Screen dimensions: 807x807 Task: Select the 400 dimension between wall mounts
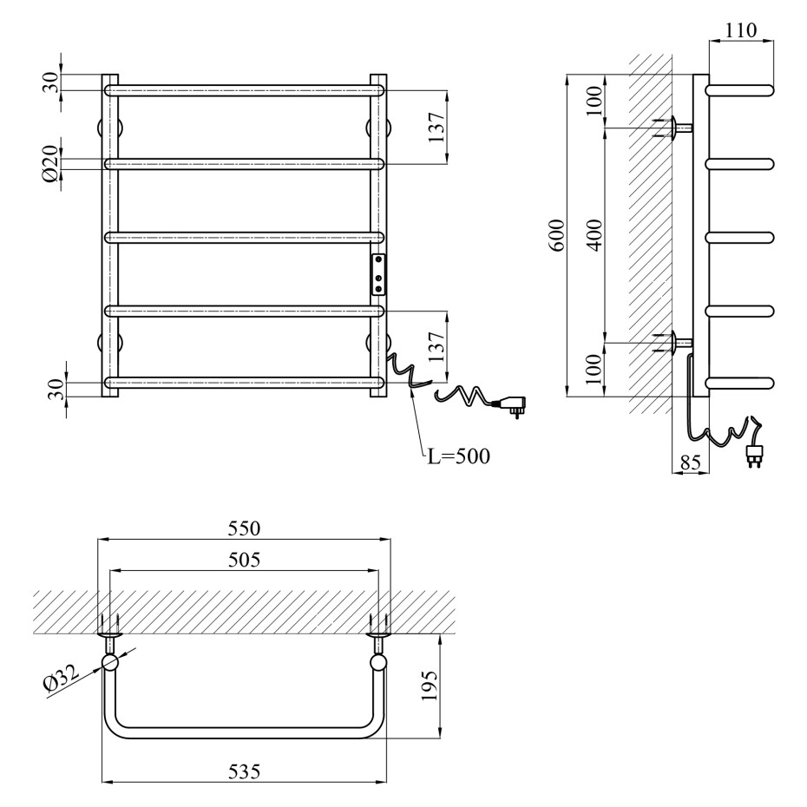pyautogui.click(x=594, y=234)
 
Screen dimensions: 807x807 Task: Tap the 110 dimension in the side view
pyautogui.click(x=741, y=30)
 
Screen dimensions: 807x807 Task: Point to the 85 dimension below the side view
pyautogui.click(x=690, y=463)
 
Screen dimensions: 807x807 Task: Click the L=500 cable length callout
pyautogui.click(x=459, y=456)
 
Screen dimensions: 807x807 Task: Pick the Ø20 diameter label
pyautogui.click(x=51, y=163)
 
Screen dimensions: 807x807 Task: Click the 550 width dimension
pyautogui.click(x=244, y=528)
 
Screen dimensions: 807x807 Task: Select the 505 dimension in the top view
pyautogui.click(x=244, y=560)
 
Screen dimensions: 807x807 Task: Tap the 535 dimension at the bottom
pyautogui.click(x=244, y=771)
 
